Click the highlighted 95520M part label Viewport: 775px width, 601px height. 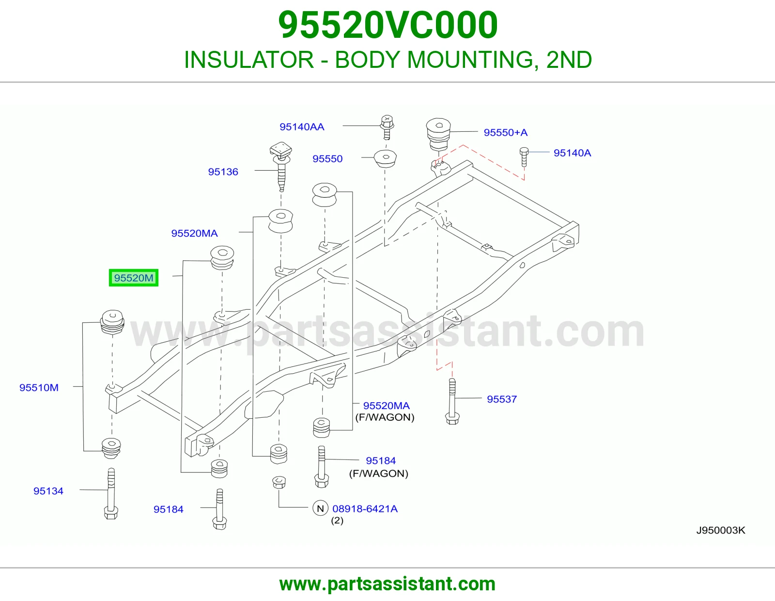(x=133, y=278)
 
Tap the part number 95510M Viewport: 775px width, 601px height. (x=39, y=388)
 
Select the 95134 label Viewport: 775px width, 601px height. (x=48, y=491)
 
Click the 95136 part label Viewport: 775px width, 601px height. (x=223, y=172)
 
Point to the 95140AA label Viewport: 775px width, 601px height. (x=302, y=127)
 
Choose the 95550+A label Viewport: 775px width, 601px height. (x=505, y=132)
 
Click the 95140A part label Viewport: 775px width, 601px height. (x=572, y=153)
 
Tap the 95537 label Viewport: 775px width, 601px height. (x=502, y=399)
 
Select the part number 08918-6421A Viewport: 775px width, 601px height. (x=365, y=508)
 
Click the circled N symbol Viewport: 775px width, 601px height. (x=320, y=508)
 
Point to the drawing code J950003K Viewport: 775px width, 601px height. (x=720, y=530)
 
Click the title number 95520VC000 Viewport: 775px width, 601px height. (x=387, y=25)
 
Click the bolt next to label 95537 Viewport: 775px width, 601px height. (x=452, y=401)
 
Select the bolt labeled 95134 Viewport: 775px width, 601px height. (x=111, y=493)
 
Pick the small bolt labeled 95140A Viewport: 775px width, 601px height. (x=524, y=157)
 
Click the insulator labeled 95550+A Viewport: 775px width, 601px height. (x=438, y=134)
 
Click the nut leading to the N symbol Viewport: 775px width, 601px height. (x=279, y=482)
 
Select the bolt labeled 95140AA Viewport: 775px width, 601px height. (x=387, y=127)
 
